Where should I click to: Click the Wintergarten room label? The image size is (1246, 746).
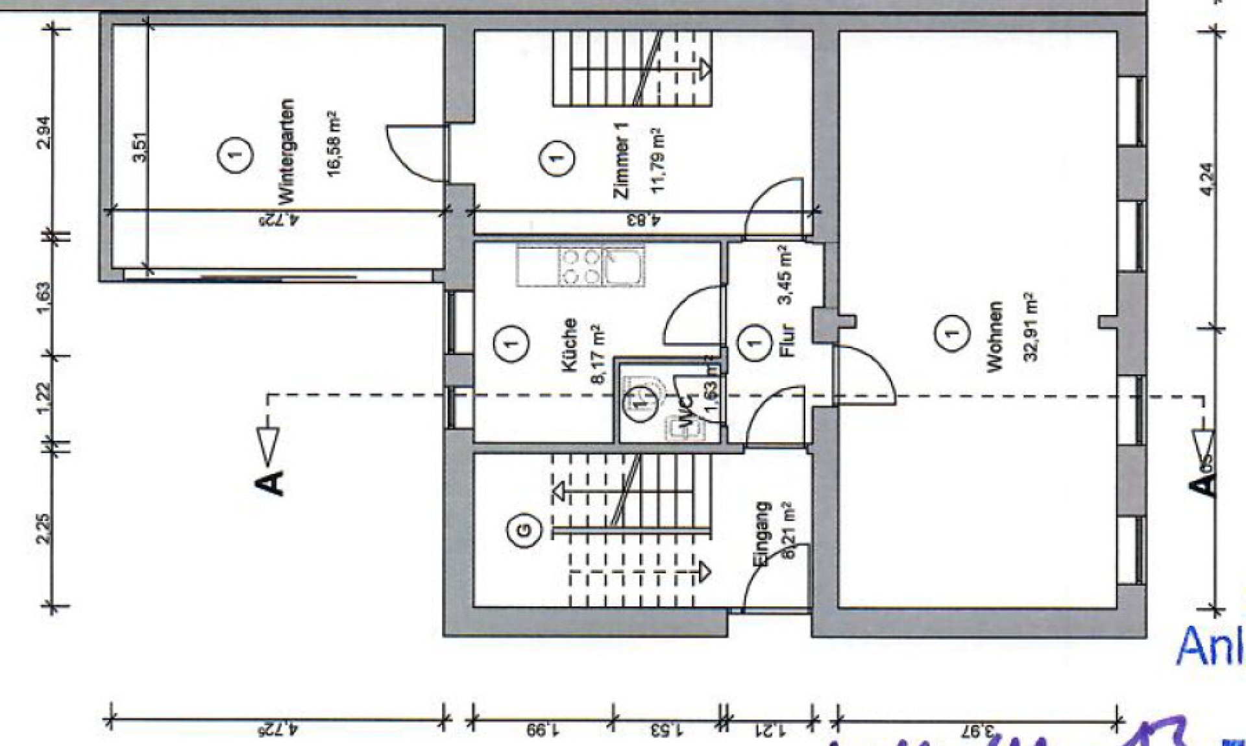[x=286, y=151]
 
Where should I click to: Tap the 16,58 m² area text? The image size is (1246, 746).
[x=333, y=144]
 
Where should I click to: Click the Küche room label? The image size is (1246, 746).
[x=568, y=345]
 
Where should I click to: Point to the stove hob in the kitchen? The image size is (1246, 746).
[x=580, y=266]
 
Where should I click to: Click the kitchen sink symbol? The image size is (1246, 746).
[x=624, y=266]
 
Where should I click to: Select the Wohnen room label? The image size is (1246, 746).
[x=994, y=336]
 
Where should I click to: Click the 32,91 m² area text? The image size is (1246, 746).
[x=1030, y=327]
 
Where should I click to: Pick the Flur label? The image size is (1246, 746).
[x=787, y=340]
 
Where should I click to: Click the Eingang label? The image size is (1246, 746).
[x=762, y=534]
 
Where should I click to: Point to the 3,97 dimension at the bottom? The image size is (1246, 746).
[x=979, y=731]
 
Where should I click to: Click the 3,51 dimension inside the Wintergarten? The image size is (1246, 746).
[x=140, y=147]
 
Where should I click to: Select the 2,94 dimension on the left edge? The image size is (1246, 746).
[x=43, y=132]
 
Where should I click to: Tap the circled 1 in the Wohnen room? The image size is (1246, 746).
[x=951, y=334]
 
